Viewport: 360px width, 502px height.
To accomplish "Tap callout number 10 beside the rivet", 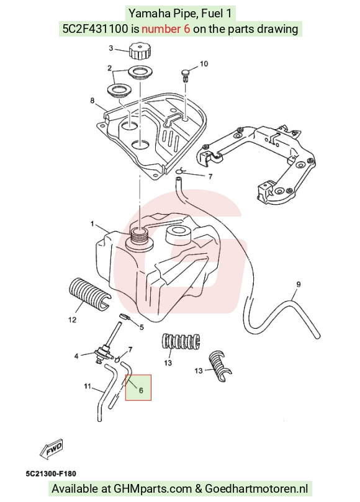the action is point(204,64).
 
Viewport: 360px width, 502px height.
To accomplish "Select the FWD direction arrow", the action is point(52,449).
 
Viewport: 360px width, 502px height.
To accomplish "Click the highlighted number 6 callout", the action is point(141,390).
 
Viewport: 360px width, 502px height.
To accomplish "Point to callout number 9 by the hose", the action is point(298,284).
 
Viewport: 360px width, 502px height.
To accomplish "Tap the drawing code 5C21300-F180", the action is point(51,473).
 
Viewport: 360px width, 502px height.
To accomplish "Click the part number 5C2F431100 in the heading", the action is point(95,29).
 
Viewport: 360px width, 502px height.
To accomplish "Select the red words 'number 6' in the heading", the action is point(166,29).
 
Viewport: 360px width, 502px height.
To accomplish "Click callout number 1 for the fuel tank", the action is point(92,224).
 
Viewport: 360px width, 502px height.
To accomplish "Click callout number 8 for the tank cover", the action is point(92,101).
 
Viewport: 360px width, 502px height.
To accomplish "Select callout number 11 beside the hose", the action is point(88,387).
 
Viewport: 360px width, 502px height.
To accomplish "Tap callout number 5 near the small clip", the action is point(142,327).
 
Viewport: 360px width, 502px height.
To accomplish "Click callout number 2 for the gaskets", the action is point(109,68).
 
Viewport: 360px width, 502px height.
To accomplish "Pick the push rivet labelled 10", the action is point(186,74).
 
